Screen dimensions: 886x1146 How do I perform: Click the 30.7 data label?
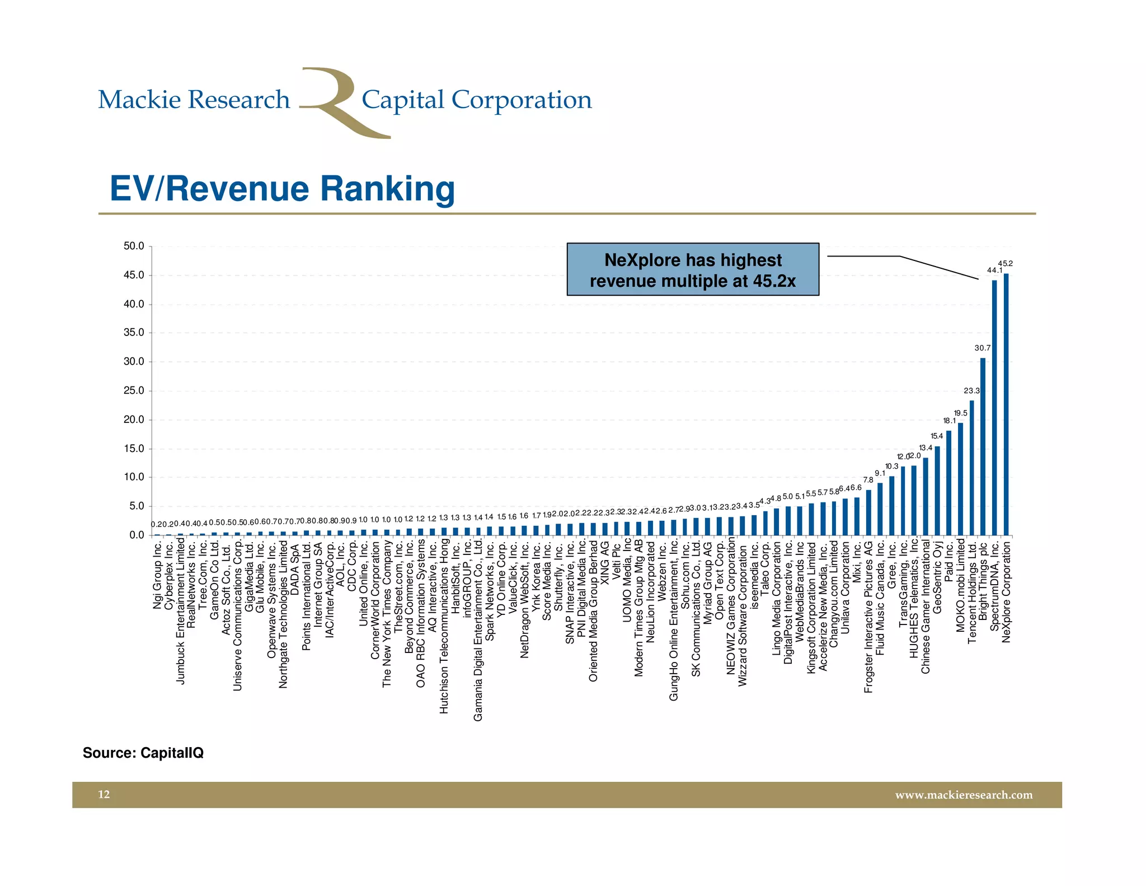pyautogui.click(x=982, y=348)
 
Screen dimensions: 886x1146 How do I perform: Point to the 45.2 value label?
pyautogui.click(x=1006, y=263)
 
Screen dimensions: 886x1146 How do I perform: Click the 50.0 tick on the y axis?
pyautogui.click(x=134, y=246)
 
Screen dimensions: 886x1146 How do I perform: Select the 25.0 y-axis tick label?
pyautogui.click(x=134, y=390)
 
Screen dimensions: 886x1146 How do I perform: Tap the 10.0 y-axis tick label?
pyautogui.click(x=134, y=477)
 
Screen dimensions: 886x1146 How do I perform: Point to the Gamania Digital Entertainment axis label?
pyautogui.click(x=478, y=630)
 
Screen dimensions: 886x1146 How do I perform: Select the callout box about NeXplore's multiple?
pyautogui.click(x=693, y=269)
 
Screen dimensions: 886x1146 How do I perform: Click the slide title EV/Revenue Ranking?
pyautogui.click(x=282, y=189)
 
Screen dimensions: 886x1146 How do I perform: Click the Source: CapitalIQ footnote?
pyautogui.click(x=143, y=753)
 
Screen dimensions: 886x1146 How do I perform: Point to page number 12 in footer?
pyautogui.click(x=104, y=795)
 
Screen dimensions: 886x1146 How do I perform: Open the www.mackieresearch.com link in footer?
pyautogui.click(x=964, y=795)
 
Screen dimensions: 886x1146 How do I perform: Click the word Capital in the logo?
pyautogui.click(x=403, y=100)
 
